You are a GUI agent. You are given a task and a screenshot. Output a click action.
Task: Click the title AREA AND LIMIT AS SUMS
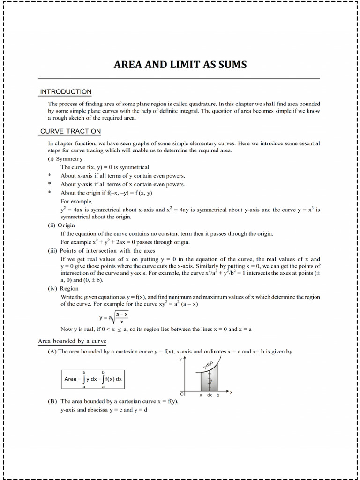click(x=180, y=64)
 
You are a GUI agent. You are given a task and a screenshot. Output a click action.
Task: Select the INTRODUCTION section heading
click(x=66, y=91)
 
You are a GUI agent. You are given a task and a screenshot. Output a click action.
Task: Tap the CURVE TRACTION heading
click(x=70, y=131)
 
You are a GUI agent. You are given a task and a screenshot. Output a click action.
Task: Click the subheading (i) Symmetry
click(x=65, y=159)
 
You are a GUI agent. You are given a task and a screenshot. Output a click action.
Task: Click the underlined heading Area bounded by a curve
click(x=72, y=341)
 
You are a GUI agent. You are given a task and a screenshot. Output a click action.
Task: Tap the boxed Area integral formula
click(x=93, y=379)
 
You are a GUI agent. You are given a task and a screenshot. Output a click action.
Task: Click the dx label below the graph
click(x=210, y=395)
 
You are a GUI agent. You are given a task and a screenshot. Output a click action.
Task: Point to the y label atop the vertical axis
click(x=180, y=359)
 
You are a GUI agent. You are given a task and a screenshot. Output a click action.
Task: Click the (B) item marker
click(x=52, y=401)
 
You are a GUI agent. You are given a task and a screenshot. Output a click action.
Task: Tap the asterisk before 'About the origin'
click(x=49, y=193)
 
